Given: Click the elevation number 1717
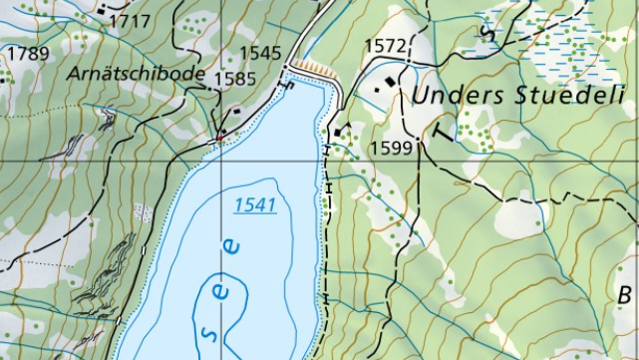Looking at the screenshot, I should (130, 21).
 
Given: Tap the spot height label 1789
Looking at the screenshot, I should (27, 53).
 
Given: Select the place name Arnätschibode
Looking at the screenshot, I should (137, 75).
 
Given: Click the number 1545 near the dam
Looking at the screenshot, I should (261, 52).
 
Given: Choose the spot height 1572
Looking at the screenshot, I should (387, 46).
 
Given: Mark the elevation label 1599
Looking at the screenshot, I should (391, 148).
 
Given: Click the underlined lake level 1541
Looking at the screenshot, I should (254, 204).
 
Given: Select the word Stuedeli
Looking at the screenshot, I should (571, 97).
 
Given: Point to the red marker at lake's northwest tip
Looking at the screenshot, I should (219, 136).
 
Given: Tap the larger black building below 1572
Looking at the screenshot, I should (380, 88).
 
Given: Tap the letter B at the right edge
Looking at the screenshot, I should (626, 295).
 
